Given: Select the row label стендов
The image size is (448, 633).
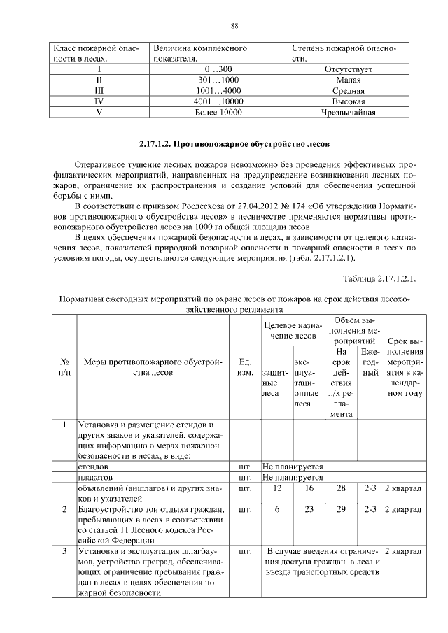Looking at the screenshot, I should (92, 465).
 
